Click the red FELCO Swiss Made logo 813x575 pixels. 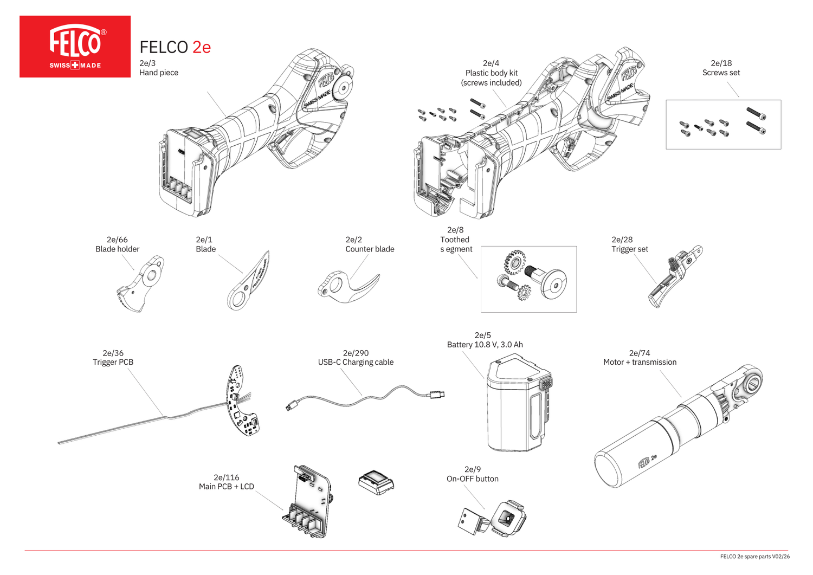point(75,47)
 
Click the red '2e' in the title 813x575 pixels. point(202,48)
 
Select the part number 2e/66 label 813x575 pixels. point(117,240)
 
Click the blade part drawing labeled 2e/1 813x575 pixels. point(248,281)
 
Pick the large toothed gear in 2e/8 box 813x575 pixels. point(514,262)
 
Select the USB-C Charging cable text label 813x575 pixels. point(356,362)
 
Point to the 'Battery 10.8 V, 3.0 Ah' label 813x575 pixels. point(485,345)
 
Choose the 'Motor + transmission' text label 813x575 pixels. point(640,362)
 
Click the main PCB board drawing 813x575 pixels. point(309,501)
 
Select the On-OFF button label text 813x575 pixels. point(472,479)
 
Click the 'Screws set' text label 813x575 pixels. point(721,73)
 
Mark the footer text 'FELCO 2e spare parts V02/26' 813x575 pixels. point(754,557)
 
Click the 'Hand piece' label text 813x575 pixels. point(159,73)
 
